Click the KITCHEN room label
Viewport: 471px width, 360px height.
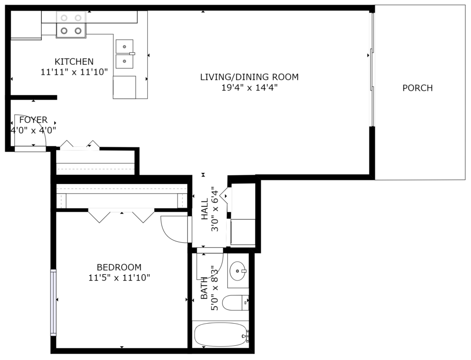coord(74,62)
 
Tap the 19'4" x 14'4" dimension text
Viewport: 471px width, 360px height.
coord(249,88)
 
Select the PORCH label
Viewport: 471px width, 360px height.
coord(418,88)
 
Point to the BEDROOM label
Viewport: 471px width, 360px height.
coord(119,267)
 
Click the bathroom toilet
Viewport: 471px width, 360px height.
coord(235,303)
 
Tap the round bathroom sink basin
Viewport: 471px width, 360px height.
coord(238,271)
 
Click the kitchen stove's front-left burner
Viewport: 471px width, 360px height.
coord(64,31)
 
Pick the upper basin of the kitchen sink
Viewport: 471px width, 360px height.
coord(124,46)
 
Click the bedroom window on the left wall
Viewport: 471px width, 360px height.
coord(53,303)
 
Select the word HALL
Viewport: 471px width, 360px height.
coord(205,209)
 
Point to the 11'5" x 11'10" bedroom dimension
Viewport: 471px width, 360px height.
coord(119,277)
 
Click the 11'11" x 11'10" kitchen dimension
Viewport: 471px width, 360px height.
coord(74,72)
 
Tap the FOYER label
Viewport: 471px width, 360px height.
coord(33,120)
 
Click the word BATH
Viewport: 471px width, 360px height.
coord(204,288)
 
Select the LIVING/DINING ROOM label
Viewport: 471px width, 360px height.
coord(249,77)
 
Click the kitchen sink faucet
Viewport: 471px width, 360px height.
coord(132,54)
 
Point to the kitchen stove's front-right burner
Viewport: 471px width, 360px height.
coord(78,31)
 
